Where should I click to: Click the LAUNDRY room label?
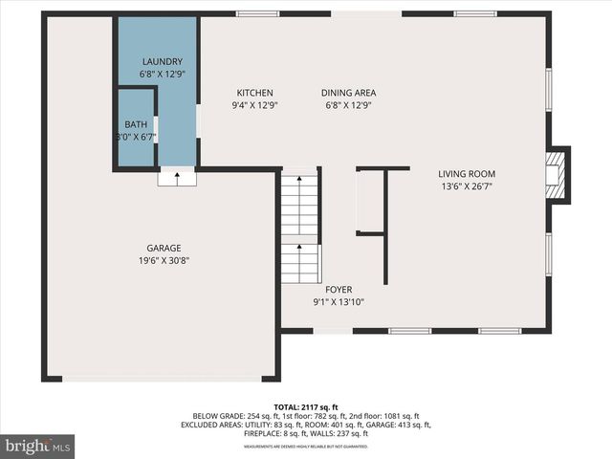[x=161, y=61]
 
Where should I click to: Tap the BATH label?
[x=136, y=124]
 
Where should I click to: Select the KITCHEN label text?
[x=255, y=93]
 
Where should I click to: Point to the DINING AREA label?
[x=348, y=93]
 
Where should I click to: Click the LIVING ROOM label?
[x=467, y=174]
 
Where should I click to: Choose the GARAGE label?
[x=164, y=249]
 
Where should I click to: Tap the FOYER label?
[x=339, y=289]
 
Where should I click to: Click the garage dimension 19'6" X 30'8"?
[x=164, y=261]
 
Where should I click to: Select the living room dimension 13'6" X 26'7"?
[x=467, y=186]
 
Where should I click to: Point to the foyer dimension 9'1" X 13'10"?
[x=339, y=302]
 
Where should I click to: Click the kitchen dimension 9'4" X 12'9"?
[x=255, y=105]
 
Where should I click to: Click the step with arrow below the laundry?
[x=177, y=176]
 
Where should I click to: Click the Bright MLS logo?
[x=38, y=446]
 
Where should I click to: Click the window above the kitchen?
[x=258, y=13]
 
